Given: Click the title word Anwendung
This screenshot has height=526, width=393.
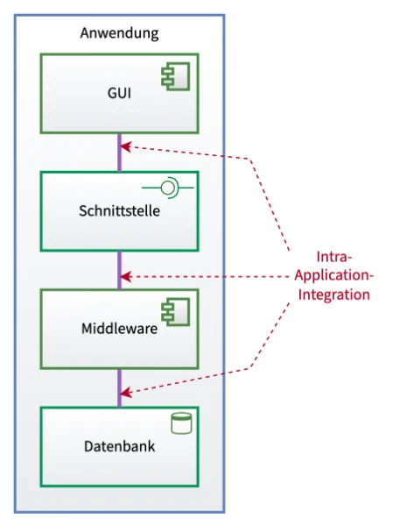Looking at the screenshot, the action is click(119, 33).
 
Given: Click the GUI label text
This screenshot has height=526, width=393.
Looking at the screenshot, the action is click(119, 93).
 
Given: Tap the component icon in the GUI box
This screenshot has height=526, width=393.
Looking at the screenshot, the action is click(176, 76).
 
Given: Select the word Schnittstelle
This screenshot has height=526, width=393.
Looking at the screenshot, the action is click(119, 211).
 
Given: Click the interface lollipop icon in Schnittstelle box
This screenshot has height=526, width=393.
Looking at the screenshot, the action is click(167, 188).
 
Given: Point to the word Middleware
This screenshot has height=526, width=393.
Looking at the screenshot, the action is click(119, 329).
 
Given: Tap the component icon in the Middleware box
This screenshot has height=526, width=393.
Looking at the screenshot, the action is click(176, 312).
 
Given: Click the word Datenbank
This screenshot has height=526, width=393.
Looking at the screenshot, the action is click(119, 446).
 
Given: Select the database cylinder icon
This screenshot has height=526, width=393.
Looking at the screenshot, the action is click(181, 423).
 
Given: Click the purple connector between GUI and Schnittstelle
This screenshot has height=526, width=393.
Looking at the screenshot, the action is click(120, 153).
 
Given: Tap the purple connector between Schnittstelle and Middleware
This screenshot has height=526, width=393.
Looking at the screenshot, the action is click(120, 270).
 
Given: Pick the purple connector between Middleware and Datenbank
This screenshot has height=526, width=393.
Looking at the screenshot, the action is click(120, 388).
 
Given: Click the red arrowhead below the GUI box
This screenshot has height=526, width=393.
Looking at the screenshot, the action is click(125, 146).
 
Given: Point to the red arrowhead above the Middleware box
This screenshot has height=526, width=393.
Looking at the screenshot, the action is click(125, 277).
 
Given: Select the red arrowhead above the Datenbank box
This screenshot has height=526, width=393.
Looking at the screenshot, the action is click(126, 393).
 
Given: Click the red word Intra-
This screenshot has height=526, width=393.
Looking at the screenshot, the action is click(334, 257).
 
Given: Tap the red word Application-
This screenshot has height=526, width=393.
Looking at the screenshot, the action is click(334, 276).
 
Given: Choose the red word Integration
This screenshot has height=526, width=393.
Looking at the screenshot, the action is click(334, 295).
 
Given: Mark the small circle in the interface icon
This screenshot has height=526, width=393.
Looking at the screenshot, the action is click(167, 188).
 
